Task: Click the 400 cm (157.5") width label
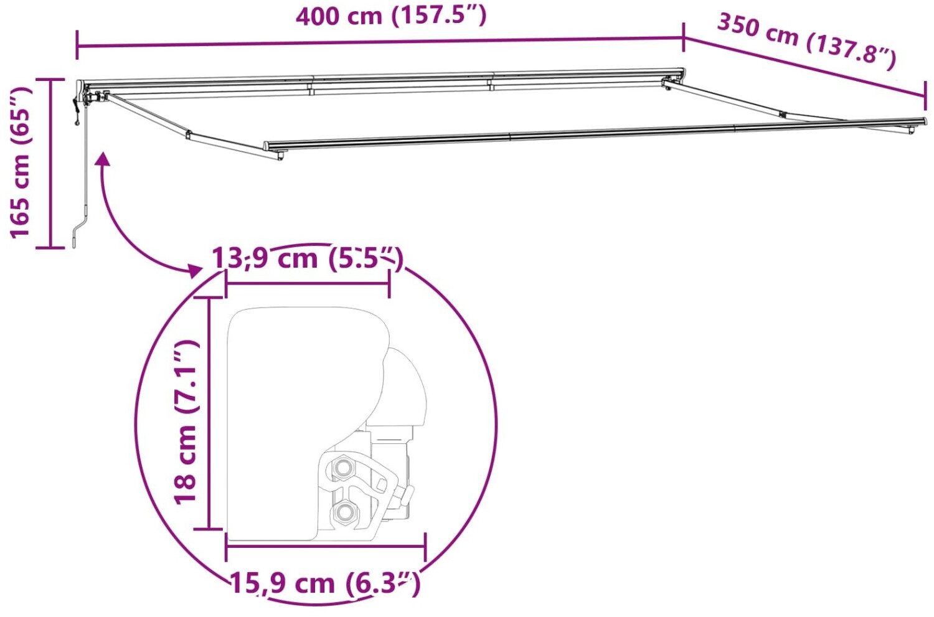tap(391, 17)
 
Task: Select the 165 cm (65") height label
tap(20, 162)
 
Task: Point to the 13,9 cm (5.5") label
tap(308, 258)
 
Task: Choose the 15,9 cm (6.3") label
tap(325, 583)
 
